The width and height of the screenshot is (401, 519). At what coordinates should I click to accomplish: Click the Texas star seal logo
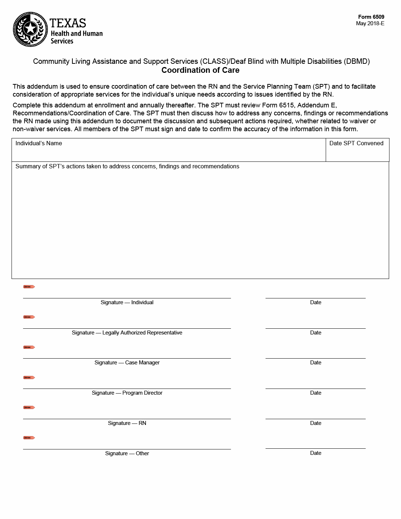coord(30,29)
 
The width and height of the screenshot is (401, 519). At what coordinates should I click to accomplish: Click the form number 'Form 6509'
coord(371,17)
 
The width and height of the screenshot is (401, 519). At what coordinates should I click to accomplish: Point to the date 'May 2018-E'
coord(370,23)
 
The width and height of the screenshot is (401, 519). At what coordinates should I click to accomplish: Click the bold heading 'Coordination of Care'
coord(200,70)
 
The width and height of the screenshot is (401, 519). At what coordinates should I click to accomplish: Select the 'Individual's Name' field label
coord(39,143)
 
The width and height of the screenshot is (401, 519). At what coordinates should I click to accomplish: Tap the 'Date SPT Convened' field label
coord(356,143)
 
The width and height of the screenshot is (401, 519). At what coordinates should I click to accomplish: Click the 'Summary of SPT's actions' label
coord(127,167)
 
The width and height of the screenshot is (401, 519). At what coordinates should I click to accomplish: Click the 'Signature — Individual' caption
coord(127,302)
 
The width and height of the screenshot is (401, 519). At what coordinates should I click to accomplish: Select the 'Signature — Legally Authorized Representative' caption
coord(127,333)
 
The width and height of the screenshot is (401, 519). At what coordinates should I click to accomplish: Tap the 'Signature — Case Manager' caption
coord(127,363)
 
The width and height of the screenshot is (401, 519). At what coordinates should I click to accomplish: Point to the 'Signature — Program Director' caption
coord(127,393)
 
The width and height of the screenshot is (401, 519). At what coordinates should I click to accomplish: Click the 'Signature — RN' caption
coord(127,423)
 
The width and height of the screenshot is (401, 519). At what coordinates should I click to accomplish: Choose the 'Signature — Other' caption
coord(127,453)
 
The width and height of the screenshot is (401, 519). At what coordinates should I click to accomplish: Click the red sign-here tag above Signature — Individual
coord(29,287)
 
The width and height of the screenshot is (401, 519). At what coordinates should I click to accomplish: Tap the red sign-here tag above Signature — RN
coord(29,408)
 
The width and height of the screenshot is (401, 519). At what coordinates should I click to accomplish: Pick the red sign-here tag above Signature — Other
coord(29,438)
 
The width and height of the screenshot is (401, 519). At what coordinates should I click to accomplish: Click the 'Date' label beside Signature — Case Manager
coord(316,363)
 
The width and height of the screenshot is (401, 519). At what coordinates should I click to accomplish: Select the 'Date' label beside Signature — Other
coord(316,453)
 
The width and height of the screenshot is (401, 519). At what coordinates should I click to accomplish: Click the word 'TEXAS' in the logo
coord(68,23)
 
